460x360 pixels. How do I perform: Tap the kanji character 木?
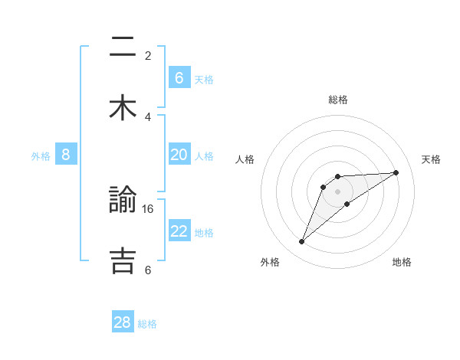123,108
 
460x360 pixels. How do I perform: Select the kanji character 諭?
123,201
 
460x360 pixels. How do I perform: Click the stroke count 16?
149,208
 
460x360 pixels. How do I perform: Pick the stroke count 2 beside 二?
148,55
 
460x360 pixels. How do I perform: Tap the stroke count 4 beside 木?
148,116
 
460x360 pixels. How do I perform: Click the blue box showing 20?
179,155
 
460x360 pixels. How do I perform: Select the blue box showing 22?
179,231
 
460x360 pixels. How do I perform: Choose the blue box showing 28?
123,322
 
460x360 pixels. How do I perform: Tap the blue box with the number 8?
66,155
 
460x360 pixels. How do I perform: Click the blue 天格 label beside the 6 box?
204,79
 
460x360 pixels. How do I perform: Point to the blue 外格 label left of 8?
41,155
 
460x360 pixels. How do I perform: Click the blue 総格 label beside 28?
147,324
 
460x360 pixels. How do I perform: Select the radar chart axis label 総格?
338,100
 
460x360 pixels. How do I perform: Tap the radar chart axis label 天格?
431,159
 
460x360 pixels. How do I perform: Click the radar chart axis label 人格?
245,159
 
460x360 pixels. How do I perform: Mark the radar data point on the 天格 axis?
396,172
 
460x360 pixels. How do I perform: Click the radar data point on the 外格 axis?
301,242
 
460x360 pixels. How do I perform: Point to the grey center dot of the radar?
338,191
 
